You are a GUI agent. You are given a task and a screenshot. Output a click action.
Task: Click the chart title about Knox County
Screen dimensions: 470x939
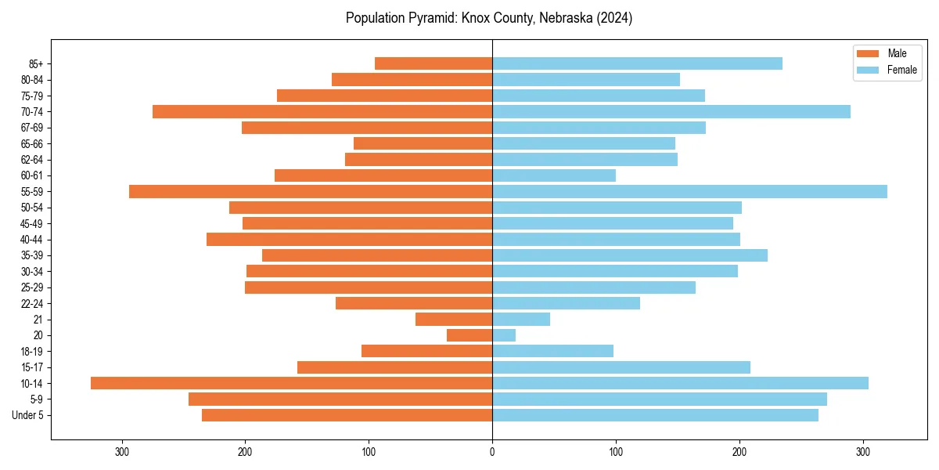pos(489,18)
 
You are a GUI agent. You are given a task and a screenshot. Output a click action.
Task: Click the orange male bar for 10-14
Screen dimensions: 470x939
pos(291,383)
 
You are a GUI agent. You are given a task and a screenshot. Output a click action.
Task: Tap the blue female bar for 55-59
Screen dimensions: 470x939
pos(689,191)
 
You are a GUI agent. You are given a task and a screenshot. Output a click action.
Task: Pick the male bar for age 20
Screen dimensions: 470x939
pos(469,335)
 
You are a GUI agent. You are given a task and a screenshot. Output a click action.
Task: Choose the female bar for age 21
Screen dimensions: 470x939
pos(521,319)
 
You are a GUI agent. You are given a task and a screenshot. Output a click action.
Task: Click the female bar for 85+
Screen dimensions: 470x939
pos(637,63)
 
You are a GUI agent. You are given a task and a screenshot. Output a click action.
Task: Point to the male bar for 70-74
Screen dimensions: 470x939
pos(322,111)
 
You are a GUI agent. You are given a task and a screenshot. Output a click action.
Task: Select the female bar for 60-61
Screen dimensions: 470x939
pos(554,175)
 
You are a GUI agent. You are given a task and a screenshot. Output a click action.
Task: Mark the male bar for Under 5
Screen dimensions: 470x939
pos(347,415)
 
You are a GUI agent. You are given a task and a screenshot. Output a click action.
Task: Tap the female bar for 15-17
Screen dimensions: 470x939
pos(621,367)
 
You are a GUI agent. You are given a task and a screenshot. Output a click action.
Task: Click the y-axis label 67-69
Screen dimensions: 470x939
pos(32,128)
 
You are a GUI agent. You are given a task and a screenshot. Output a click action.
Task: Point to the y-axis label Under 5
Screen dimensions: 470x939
pos(28,415)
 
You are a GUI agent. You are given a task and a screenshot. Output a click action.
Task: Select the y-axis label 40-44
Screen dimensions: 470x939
pos(32,240)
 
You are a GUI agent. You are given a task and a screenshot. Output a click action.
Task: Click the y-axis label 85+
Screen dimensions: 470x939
pos(35,63)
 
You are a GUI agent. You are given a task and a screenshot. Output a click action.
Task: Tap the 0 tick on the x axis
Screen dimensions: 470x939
pos(492,451)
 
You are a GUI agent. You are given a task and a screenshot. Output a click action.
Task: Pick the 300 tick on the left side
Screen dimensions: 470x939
pos(122,451)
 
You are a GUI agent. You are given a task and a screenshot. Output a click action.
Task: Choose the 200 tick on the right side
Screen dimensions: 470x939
pos(739,451)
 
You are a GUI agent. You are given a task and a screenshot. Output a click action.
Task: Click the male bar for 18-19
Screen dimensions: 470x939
pos(426,351)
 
